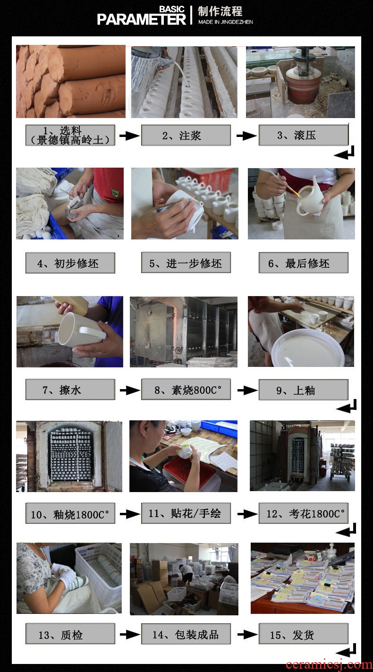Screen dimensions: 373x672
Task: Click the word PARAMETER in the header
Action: pyautogui.click(x=142, y=19)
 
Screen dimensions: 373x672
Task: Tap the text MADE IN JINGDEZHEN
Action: pyautogui.click(x=226, y=22)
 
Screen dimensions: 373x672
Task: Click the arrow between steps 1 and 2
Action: pyautogui.click(x=129, y=136)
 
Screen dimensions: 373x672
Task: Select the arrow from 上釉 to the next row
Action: pyautogui.click(x=347, y=406)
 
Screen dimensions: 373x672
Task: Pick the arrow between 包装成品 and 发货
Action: pyautogui.click(x=248, y=635)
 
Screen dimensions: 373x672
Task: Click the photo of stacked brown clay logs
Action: pyautogui.click(x=71, y=81)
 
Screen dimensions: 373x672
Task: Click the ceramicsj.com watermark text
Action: pyautogui.click(x=329, y=664)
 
